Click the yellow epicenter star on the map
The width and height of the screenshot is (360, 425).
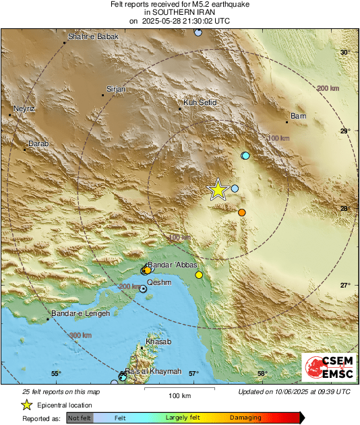pos(218,190)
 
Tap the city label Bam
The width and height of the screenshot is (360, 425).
pos(298,117)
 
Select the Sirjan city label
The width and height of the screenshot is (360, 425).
pos(116,89)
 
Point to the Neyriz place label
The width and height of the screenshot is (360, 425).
pos(24,108)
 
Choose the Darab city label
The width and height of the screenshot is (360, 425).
pos(38,143)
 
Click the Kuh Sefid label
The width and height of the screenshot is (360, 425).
pos(200,104)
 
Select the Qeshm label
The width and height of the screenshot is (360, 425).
pos(159,282)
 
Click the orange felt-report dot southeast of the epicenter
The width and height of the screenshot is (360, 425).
pos(241,213)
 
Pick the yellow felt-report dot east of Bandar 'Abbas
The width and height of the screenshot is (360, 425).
pos(199,275)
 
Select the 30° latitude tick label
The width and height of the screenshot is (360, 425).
pos(344,53)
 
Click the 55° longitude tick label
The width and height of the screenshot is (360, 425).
pos(56,373)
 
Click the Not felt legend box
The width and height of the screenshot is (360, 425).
pos(80,418)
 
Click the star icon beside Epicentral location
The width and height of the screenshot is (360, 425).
pos(26,405)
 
